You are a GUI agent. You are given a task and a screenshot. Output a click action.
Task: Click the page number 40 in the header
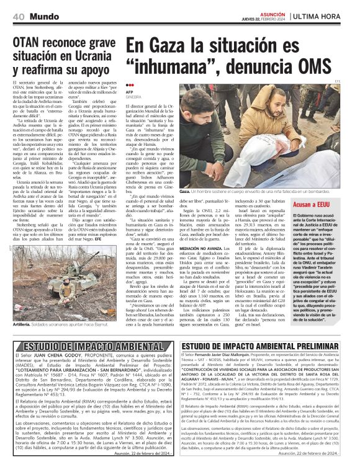click(18, 15)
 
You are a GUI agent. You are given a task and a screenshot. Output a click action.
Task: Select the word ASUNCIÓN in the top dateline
click(272, 12)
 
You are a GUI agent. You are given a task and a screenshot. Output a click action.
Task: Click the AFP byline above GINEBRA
click(130, 92)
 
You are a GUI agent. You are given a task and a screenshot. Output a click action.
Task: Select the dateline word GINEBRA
click(133, 97)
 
